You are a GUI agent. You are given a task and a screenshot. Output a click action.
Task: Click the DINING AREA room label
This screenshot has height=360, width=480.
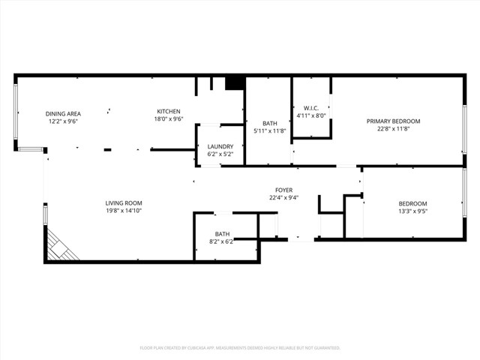click(x=64, y=113)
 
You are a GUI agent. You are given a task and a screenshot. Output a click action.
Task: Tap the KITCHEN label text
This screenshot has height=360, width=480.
click(x=169, y=111)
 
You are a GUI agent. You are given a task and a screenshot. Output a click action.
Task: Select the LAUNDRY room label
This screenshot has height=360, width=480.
click(x=220, y=146)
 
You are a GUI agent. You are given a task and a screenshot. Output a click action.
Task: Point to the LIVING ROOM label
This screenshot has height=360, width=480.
click(x=123, y=202)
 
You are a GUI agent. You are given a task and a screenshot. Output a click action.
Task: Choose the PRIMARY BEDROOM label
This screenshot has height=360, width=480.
click(x=393, y=121)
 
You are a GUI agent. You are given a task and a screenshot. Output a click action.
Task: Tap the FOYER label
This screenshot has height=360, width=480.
click(x=283, y=190)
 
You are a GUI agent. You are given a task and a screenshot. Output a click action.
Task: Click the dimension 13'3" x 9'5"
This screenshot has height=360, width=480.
click(x=412, y=211)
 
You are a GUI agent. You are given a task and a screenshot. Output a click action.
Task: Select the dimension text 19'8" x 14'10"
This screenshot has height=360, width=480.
click(x=123, y=211)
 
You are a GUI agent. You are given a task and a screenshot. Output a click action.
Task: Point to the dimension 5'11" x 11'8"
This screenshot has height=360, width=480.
click(x=270, y=131)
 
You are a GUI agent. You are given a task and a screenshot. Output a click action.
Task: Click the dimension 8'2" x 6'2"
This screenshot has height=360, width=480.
click(x=222, y=241)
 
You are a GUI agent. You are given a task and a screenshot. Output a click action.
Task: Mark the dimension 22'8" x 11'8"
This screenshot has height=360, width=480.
click(x=393, y=128)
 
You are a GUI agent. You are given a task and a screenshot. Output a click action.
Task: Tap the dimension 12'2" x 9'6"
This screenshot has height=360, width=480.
click(x=64, y=121)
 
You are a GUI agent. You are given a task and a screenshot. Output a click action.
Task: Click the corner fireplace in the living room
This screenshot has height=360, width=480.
click(x=60, y=246)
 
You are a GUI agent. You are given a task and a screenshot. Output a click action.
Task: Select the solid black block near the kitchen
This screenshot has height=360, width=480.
click(x=235, y=82)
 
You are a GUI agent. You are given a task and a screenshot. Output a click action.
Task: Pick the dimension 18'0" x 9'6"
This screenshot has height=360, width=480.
click(x=169, y=118)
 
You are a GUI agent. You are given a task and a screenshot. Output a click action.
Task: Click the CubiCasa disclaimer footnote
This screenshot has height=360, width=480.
click(x=240, y=348)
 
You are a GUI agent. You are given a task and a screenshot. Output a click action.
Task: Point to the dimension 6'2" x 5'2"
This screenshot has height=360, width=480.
click(x=220, y=154)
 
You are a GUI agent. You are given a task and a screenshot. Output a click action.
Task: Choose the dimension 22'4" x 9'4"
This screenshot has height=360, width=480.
click(x=283, y=198)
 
